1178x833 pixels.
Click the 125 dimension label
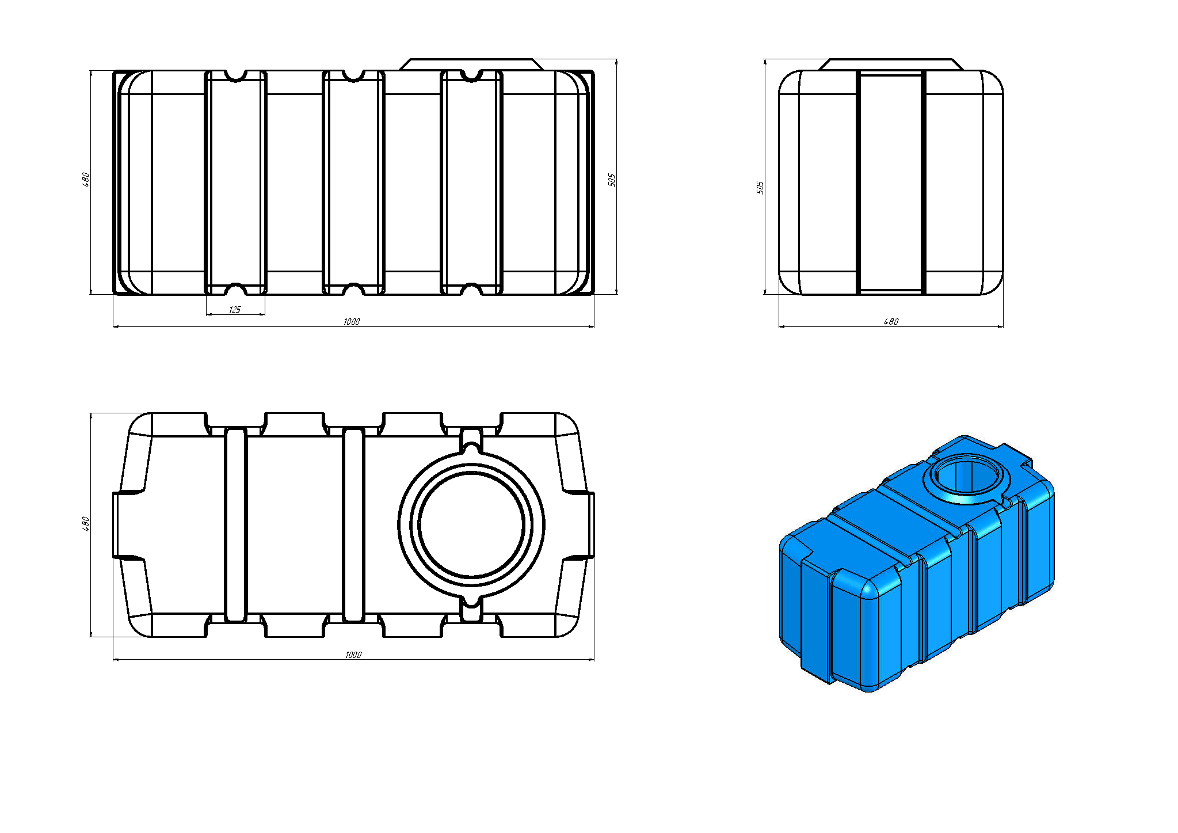[235, 310]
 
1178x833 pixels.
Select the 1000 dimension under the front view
[352, 322]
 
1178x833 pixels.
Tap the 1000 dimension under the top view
[353, 655]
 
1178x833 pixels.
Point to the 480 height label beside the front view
[86, 179]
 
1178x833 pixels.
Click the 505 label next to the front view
[612, 180]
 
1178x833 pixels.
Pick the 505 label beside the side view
[760, 187]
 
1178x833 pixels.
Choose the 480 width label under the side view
[891, 322]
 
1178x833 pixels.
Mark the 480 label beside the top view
[86, 523]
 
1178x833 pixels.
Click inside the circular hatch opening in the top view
[471, 525]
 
